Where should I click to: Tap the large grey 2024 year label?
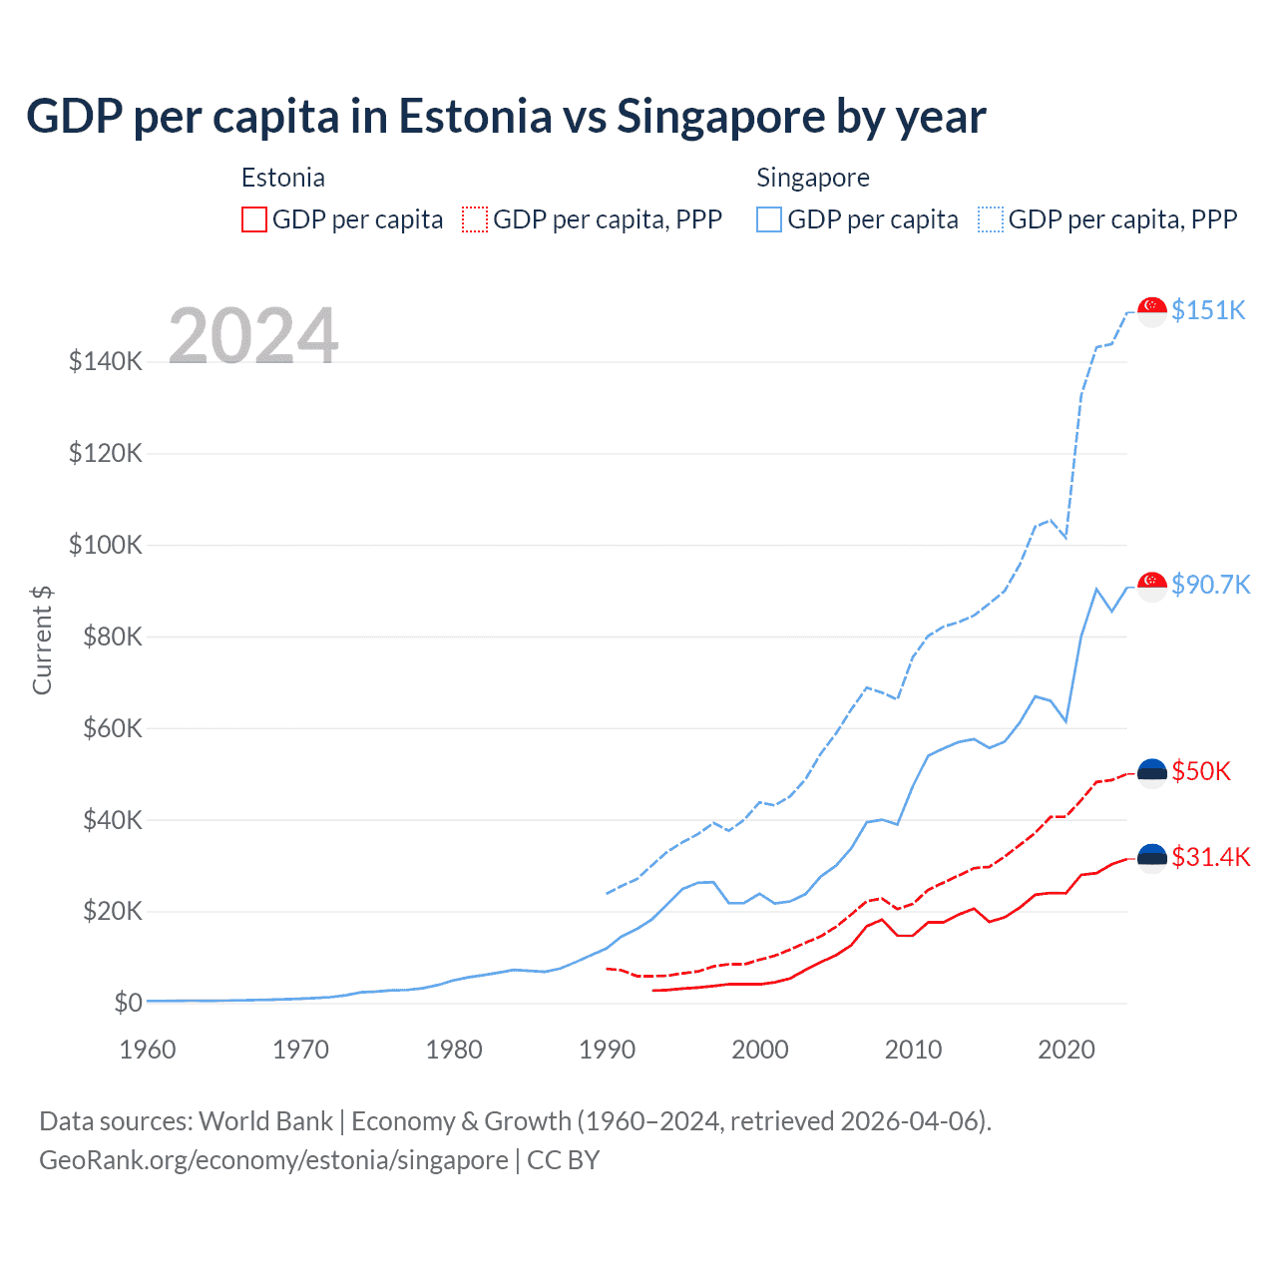pos(253,336)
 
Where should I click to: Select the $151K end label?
pos(1208,310)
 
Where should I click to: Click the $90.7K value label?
pos(1210,585)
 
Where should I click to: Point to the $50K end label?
pos(1201,771)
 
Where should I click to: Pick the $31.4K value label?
pos(1210,857)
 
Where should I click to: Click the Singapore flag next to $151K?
pos(1152,311)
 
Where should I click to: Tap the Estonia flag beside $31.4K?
pos(1152,858)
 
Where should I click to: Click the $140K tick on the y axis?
pos(106,362)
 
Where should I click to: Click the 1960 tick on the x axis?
pos(148,1050)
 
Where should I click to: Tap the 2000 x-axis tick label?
pos(760,1050)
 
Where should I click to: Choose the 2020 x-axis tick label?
pos(1066,1050)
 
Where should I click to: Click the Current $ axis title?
pos(42,639)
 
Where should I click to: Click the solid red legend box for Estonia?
pos(254,219)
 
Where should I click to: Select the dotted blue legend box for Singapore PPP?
pos(991,219)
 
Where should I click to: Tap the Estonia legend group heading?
pos(283,178)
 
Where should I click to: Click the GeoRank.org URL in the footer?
pos(273,1160)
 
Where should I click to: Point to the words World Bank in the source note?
pos(265,1121)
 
